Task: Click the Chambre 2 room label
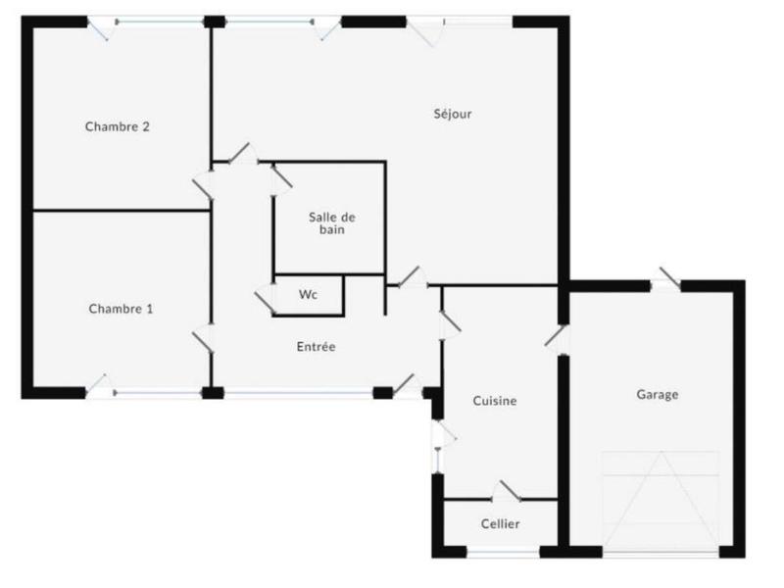click(117, 126)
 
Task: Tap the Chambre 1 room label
click(121, 309)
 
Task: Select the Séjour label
click(453, 114)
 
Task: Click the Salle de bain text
click(331, 223)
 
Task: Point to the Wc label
click(308, 294)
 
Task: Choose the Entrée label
click(317, 346)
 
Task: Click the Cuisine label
click(494, 401)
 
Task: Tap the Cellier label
click(500, 524)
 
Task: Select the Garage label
click(658, 395)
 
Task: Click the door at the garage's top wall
click(666, 281)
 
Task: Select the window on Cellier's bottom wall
click(500, 555)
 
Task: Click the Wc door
click(266, 297)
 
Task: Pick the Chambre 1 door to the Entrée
click(204, 338)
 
